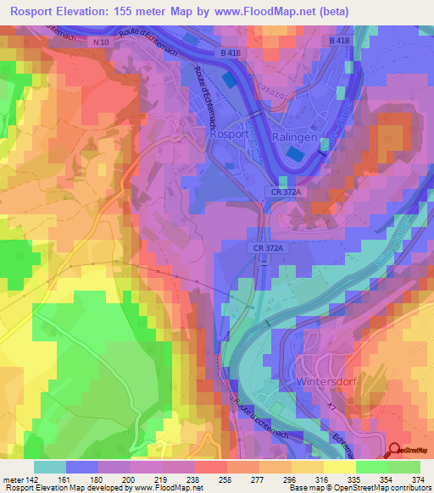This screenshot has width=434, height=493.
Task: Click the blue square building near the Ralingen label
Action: (x=293, y=154)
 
